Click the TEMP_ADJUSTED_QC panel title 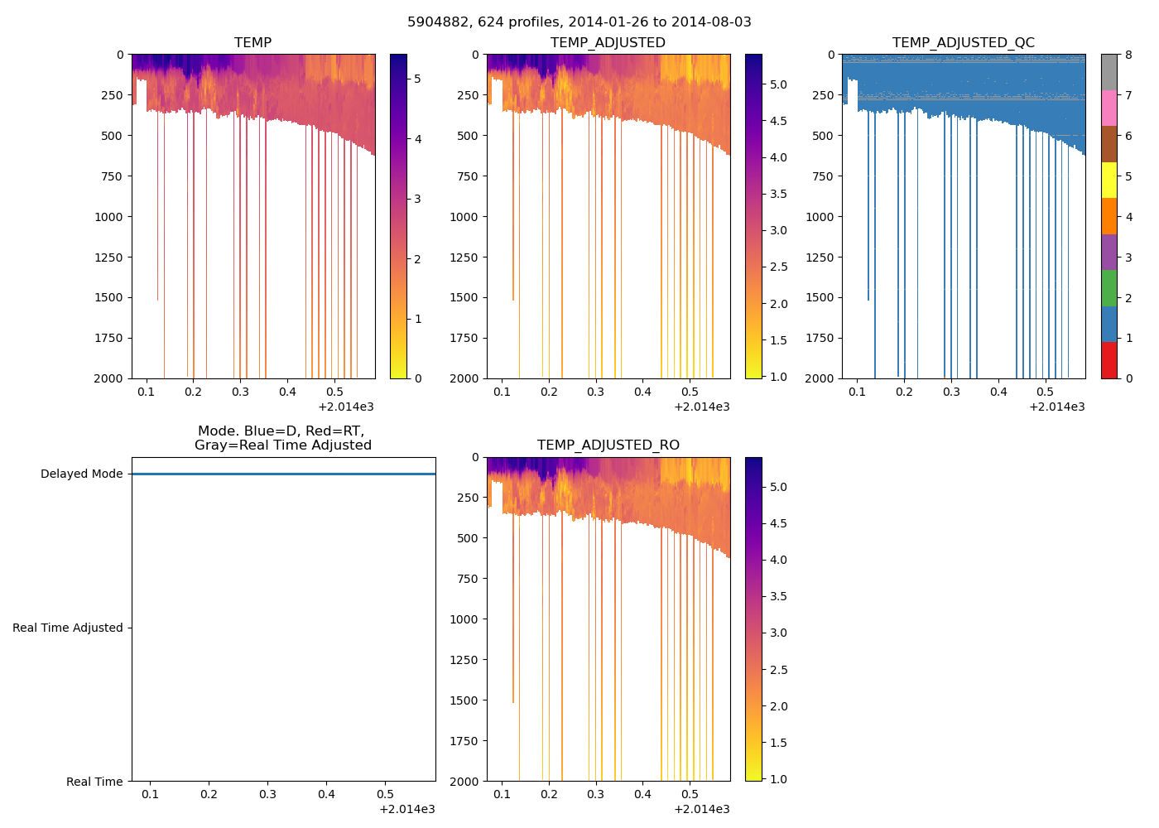click(x=963, y=43)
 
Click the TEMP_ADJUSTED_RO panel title click(x=608, y=445)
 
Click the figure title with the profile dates click(x=579, y=22)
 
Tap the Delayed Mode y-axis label click(x=81, y=474)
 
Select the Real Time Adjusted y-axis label click(x=67, y=628)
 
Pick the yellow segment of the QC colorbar click(x=1109, y=181)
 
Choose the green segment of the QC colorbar click(x=1109, y=288)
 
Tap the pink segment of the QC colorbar click(x=1109, y=108)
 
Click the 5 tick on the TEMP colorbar click(x=417, y=79)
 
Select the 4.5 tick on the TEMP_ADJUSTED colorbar click(x=778, y=121)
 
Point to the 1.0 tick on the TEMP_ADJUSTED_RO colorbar click(x=778, y=779)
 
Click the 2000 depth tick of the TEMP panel click(x=108, y=378)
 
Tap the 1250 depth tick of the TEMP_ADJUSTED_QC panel click(x=820, y=258)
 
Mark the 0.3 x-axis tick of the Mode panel click(x=267, y=795)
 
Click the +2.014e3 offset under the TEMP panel click(x=345, y=407)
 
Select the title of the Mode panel click(x=282, y=439)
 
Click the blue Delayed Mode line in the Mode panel click(x=283, y=474)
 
